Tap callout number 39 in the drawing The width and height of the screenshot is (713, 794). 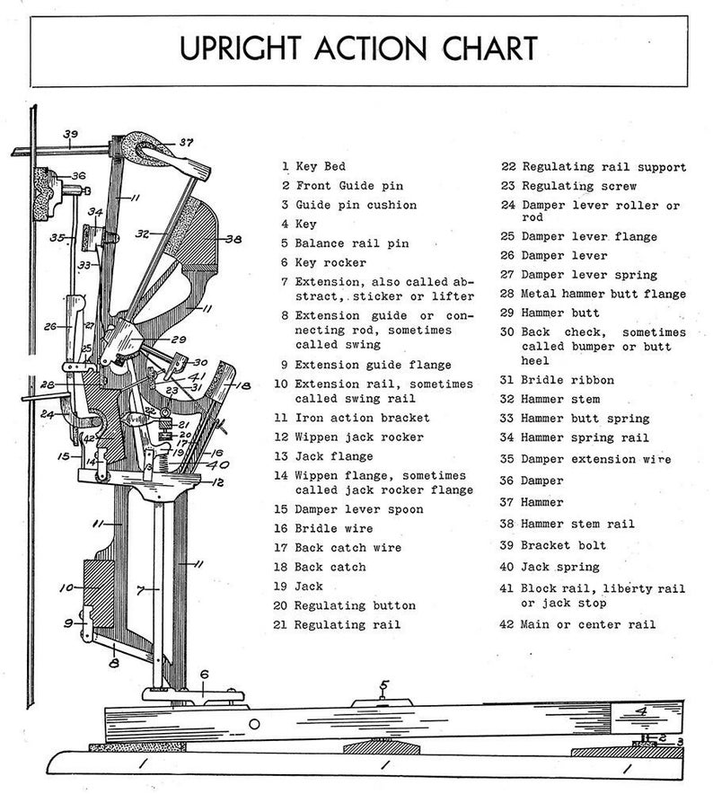pos(71,135)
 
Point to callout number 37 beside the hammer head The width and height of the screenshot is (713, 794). pos(185,142)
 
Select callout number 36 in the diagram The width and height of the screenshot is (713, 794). pos(78,176)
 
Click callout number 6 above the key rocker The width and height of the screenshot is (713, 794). pos(204,674)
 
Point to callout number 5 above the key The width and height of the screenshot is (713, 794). pos(383,687)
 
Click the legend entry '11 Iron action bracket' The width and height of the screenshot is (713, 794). pos(352,418)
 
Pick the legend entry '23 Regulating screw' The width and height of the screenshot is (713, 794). pos(568,186)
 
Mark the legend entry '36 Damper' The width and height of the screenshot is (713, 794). pos(544,481)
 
